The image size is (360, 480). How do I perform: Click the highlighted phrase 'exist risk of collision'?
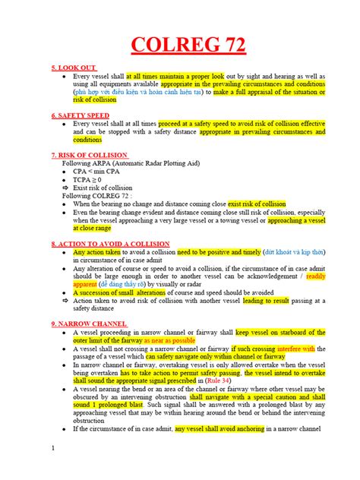[257, 204]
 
